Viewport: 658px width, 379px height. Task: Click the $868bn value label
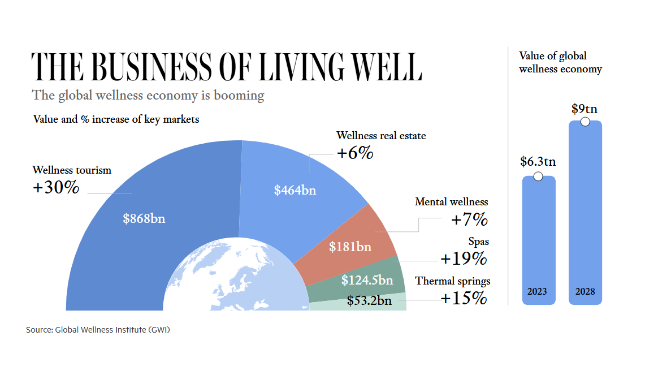[144, 218]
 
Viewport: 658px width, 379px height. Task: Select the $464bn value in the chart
[295, 190]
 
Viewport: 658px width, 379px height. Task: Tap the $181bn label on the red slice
[350, 247]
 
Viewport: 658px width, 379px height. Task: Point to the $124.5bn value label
[367, 280]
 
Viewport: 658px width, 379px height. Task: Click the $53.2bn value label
[369, 300]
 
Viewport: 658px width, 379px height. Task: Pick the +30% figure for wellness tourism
[56, 188]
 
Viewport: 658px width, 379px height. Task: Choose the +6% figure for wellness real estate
[355, 153]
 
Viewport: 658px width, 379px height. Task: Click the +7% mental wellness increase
[469, 219]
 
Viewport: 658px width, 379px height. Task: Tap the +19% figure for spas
[464, 259]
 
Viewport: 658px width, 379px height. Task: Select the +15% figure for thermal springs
[464, 298]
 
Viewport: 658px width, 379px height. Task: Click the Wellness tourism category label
[72, 170]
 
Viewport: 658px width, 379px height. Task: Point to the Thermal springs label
[453, 281]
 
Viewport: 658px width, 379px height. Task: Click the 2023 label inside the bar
[538, 292]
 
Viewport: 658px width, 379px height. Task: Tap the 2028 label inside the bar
[585, 292]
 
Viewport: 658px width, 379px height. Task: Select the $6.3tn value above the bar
[538, 162]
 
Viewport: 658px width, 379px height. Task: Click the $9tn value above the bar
[585, 109]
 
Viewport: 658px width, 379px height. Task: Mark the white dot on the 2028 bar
[585, 122]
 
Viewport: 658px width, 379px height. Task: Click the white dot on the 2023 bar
[538, 177]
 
